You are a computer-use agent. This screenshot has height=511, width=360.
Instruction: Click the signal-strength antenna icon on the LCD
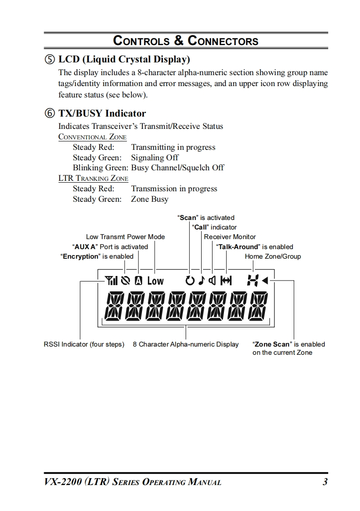coord(111,281)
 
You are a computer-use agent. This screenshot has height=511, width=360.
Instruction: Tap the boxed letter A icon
coord(138,281)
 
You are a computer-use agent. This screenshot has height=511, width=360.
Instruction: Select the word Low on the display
coord(155,281)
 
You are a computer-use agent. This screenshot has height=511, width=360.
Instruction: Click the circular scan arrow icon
coord(190,281)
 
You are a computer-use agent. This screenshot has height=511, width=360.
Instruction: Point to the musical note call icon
coord(201,281)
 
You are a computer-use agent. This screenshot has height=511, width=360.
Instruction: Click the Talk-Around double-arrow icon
coord(226,281)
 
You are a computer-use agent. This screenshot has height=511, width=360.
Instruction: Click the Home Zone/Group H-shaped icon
coord(252,281)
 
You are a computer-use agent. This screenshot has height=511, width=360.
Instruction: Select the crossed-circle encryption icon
coord(125,281)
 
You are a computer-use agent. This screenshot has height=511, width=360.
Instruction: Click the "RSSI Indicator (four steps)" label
coord(84,344)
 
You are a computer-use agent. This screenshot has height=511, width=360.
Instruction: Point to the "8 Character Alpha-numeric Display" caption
coord(186,344)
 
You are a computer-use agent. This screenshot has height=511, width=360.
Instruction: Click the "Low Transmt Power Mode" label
coord(125,237)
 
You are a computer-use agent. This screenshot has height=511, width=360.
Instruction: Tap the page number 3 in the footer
coord(325,482)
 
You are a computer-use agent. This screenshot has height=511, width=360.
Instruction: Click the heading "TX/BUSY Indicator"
coord(102,113)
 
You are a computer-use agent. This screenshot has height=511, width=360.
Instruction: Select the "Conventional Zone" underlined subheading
coord(92,137)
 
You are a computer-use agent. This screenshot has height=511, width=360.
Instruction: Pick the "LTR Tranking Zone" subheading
coord(93,179)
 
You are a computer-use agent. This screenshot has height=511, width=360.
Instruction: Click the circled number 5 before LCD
coord(50,60)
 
